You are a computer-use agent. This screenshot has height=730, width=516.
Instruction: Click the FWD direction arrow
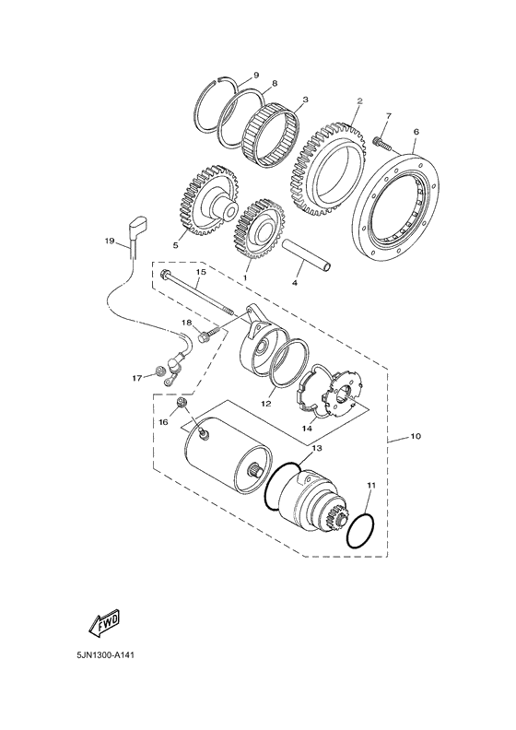pyautogui.click(x=105, y=625)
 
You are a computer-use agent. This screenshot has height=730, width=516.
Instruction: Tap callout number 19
pyautogui.click(x=110, y=241)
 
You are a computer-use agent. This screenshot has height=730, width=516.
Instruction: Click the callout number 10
pyautogui.click(x=416, y=436)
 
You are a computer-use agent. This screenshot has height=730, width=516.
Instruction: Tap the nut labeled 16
pyautogui.click(x=182, y=402)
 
